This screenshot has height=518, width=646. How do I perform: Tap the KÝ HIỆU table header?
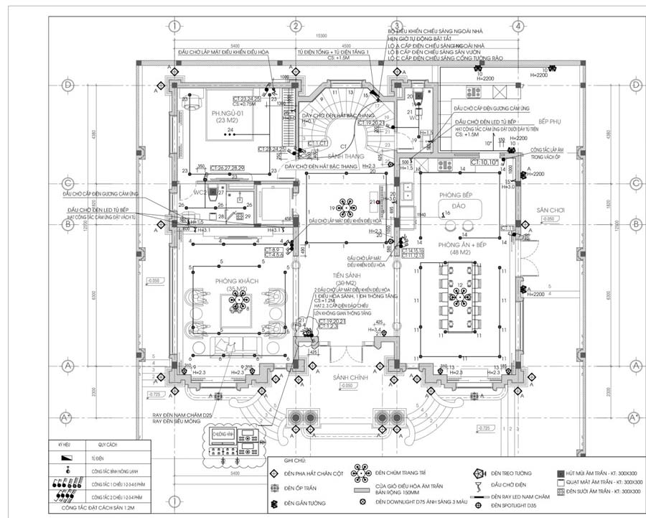tap(65, 445)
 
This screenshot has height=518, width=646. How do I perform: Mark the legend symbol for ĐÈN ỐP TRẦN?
tap(273, 489)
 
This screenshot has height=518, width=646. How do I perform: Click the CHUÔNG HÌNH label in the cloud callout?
tap(223, 433)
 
